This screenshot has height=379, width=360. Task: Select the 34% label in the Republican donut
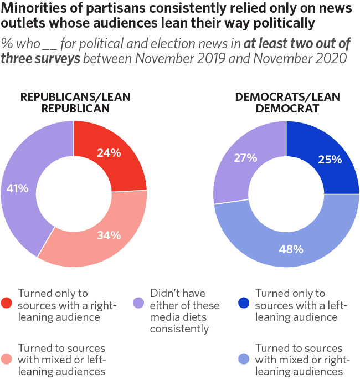click(109, 235)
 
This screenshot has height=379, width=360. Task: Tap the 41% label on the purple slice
click(17, 188)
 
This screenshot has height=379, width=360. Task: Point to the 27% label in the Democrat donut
click(246, 158)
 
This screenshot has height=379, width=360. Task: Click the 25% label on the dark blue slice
click(329, 160)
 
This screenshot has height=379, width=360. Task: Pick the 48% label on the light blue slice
click(291, 249)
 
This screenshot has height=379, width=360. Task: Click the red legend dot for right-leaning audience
click(7, 303)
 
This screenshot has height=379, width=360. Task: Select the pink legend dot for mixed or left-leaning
click(7, 358)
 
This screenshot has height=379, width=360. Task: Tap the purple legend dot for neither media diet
click(139, 303)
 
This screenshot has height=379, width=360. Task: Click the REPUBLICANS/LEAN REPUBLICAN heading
click(75, 103)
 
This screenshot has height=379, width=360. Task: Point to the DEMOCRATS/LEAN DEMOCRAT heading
click(287, 103)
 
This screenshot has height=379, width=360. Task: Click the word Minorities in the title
click(28, 9)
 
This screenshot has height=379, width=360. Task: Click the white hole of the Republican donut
click(74, 193)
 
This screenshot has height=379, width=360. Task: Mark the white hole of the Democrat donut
click(286, 193)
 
